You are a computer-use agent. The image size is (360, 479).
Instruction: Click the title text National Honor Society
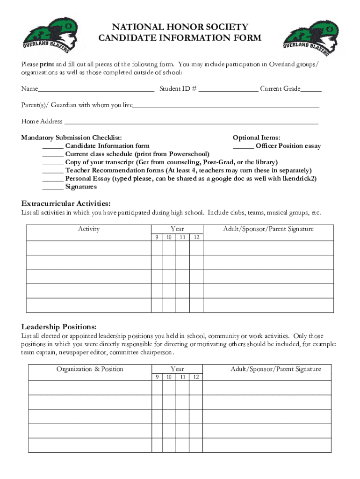(180, 27)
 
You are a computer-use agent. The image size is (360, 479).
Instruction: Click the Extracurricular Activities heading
(66, 203)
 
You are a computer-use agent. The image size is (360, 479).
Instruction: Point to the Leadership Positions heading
(59, 327)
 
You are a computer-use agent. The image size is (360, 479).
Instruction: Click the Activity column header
(89, 229)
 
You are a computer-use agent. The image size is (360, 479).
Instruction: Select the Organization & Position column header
(90, 369)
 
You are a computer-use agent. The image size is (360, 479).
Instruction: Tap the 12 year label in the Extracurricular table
(196, 238)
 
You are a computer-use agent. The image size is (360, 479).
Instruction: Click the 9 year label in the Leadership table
(157, 377)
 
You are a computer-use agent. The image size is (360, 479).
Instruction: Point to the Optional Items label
(256, 138)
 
